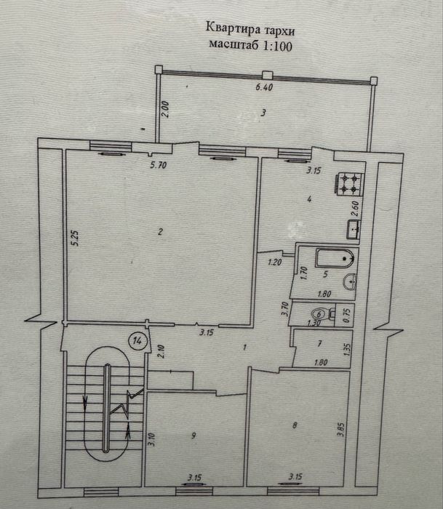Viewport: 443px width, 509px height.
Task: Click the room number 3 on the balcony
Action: point(265,112)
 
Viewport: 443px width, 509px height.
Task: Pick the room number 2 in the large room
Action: point(158,232)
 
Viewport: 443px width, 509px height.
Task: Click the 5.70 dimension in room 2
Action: point(159,165)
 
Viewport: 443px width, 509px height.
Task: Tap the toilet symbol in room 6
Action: point(332,314)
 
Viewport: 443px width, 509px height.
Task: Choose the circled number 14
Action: point(135,339)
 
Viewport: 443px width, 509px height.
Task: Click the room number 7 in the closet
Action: point(320,343)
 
